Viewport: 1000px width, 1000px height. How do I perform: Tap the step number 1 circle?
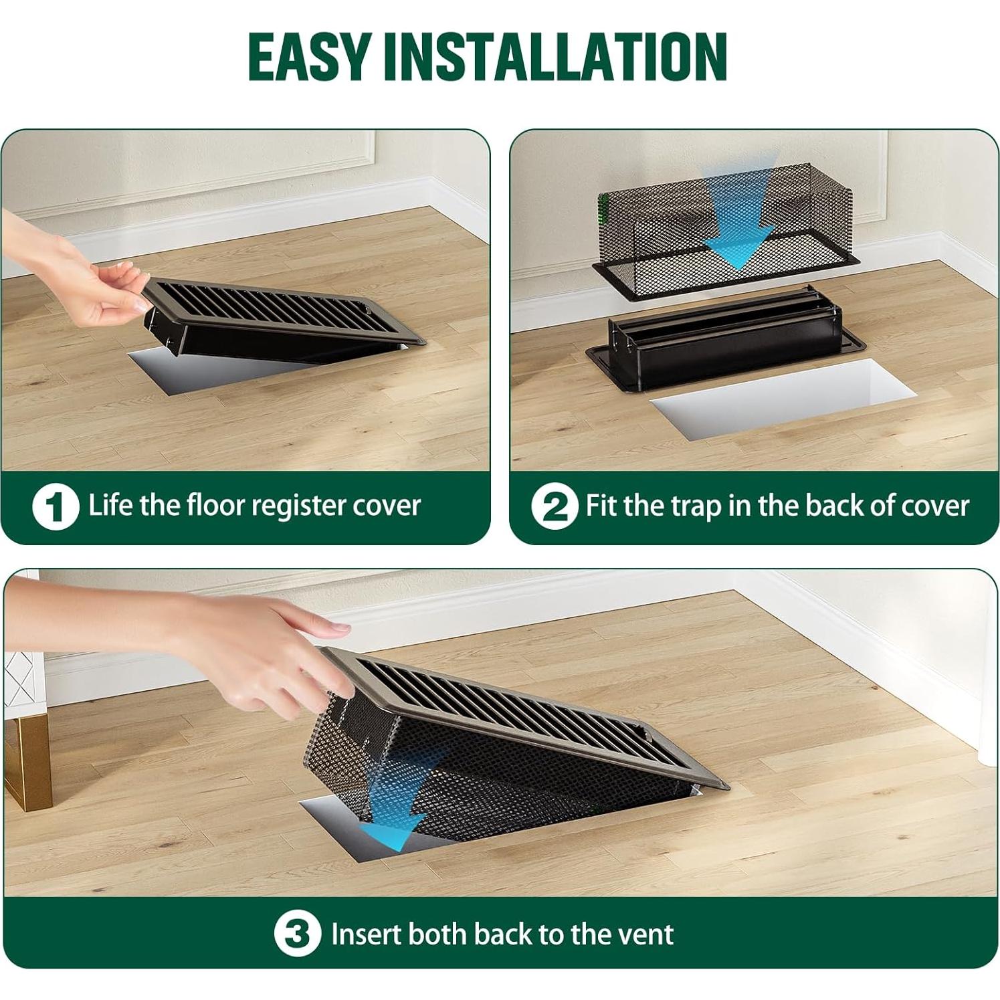pos(56,506)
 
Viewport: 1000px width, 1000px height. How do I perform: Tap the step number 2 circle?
pos(555,506)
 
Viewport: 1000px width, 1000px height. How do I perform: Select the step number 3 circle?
pos(298,934)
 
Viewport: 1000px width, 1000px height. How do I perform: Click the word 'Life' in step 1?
pos(111,505)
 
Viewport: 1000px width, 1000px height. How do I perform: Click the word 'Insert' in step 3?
pos(366,934)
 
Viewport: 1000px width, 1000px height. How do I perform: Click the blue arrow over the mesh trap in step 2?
pos(738,221)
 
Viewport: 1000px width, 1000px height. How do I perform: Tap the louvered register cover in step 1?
pos(281,314)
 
